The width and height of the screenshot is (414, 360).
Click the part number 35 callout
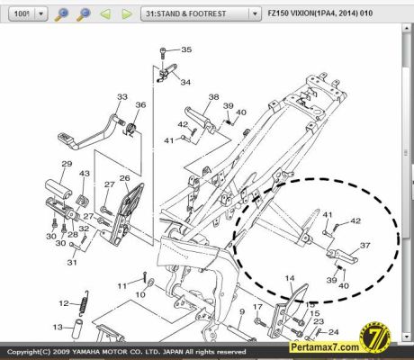pos(186,49)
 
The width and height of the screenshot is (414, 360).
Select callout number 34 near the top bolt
pos(185,82)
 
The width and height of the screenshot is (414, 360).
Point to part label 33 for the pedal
pos(122,97)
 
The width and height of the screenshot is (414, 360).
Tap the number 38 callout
pos(214,97)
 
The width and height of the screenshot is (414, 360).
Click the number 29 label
pos(66,164)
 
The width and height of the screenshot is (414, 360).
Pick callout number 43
pos(85,173)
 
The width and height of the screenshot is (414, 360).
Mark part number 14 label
pos(290,279)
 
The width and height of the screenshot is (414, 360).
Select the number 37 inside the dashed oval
pos(365,245)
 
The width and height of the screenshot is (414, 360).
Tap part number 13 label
pos(57,327)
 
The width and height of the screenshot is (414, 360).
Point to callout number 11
pos(121,285)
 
